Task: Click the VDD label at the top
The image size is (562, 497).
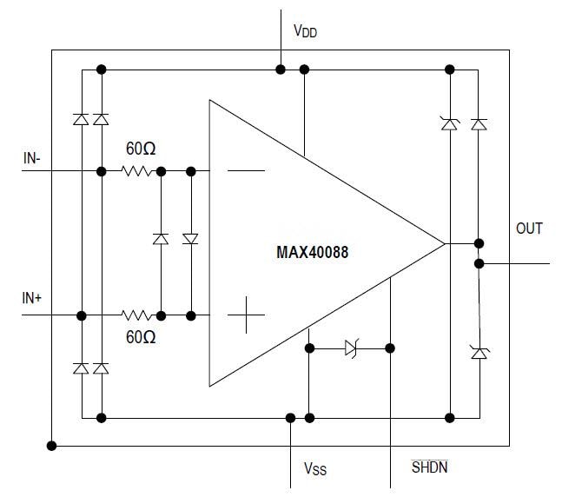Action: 305,33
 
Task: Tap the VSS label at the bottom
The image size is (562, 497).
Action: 314,469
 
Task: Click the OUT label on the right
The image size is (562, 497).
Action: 529,229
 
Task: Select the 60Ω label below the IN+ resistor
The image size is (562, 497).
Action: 141,337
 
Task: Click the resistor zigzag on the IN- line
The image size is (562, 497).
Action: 138,172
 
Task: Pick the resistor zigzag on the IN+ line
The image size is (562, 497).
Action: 138,315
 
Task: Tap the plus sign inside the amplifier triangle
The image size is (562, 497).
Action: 246,315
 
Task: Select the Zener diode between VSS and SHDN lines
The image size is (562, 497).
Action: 350,348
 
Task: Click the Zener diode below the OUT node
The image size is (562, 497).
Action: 478,352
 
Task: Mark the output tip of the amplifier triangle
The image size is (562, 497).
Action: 444,243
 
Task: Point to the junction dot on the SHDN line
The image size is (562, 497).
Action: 390,348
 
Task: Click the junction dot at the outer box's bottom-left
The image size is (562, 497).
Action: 52,446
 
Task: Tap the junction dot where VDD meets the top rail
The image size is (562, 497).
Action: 281,69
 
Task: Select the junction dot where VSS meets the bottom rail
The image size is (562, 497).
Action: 291,418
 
